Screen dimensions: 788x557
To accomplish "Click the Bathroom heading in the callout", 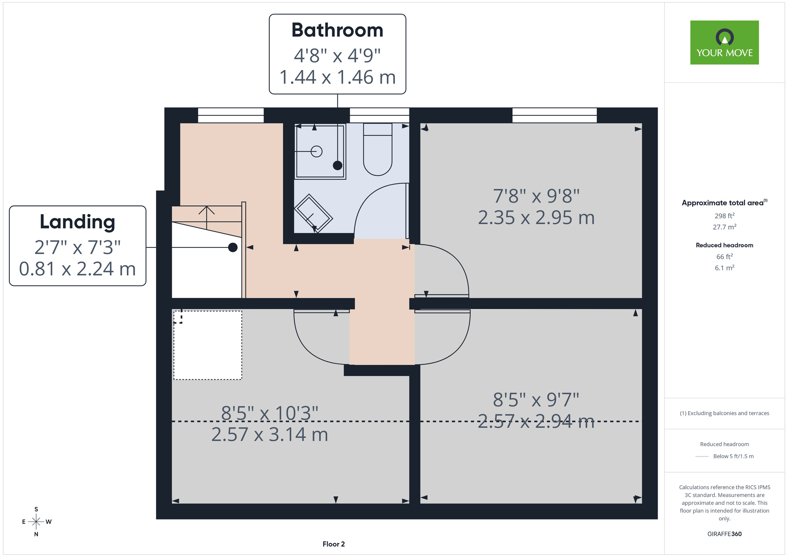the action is tap(337, 30).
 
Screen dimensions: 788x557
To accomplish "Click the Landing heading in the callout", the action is tap(78, 222).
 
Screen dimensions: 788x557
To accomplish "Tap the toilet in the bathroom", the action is tap(377, 149).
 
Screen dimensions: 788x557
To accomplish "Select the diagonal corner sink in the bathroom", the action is tap(314, 213).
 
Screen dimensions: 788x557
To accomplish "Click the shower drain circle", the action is tap(316, 151).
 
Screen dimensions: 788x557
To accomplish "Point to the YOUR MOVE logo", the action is tap(725, 43).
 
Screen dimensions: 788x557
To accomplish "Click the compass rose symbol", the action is tap(36, 522).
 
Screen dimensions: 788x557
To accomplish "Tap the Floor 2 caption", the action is tap(334, 544).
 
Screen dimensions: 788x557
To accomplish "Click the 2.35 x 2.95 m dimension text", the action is tap(536, 217).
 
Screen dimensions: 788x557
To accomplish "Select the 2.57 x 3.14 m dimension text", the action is tap(270, 434).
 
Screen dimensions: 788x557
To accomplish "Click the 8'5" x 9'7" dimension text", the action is tap(536, 400).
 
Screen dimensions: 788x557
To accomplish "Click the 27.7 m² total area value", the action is tap(725, 227).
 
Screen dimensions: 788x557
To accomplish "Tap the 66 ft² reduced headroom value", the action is tap(725, 256).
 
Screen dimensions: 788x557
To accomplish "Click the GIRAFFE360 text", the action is tap(725, 534).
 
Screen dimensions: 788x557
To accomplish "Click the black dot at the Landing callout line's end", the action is tap(233, 247).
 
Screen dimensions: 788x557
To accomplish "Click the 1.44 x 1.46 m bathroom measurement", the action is tap(337, 77).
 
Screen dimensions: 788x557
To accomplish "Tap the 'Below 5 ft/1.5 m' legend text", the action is tap(733, 456).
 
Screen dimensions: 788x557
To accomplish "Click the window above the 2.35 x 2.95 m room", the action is tap(554, 115).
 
